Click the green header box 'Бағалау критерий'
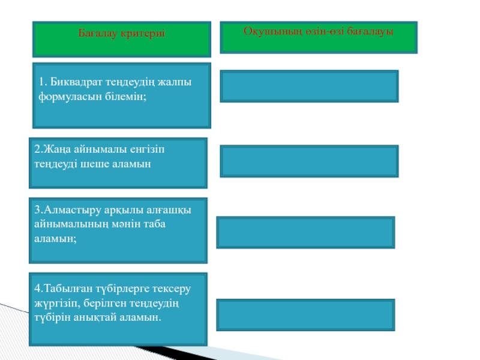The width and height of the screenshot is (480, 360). [x=122, y=40]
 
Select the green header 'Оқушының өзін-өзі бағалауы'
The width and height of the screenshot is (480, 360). [x=319, y=37]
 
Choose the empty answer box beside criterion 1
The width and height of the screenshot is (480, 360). [x=310, y=86]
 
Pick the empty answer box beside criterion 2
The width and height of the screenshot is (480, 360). [x=310, y=161]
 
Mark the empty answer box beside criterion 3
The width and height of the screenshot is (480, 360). [x=305, y=232]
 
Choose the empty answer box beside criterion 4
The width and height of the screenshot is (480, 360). [x=305, y=315]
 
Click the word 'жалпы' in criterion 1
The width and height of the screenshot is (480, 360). [x=178, y=82]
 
